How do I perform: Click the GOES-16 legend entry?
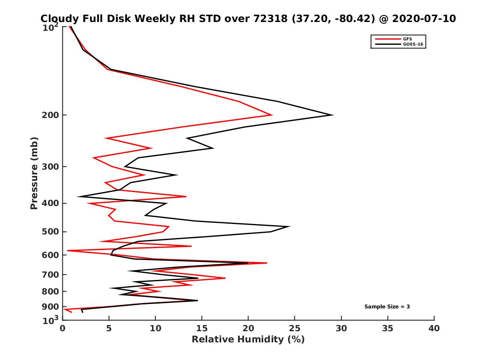click(x=412, y=44)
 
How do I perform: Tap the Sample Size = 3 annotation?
click(x=387, y=307)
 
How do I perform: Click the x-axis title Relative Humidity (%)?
click(x=248, y=340)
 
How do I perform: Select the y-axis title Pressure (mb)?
click(x=34, y=173)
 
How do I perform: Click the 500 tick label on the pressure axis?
click(x=49, y=232)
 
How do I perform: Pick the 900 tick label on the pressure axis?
click(x=49, y=307)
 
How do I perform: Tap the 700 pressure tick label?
click(x=49, y=275)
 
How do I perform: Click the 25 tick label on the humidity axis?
click(x=295, y=328)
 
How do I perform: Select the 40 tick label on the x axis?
click(x=434, y=328)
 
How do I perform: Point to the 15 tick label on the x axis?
click(x=202, y=328)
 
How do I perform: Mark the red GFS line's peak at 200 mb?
click(x=272, y=115)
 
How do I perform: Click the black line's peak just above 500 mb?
click(x=289, y=226)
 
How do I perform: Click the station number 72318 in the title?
click(x=270, y=19)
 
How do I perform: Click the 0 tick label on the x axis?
click(x=62, y=328)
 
